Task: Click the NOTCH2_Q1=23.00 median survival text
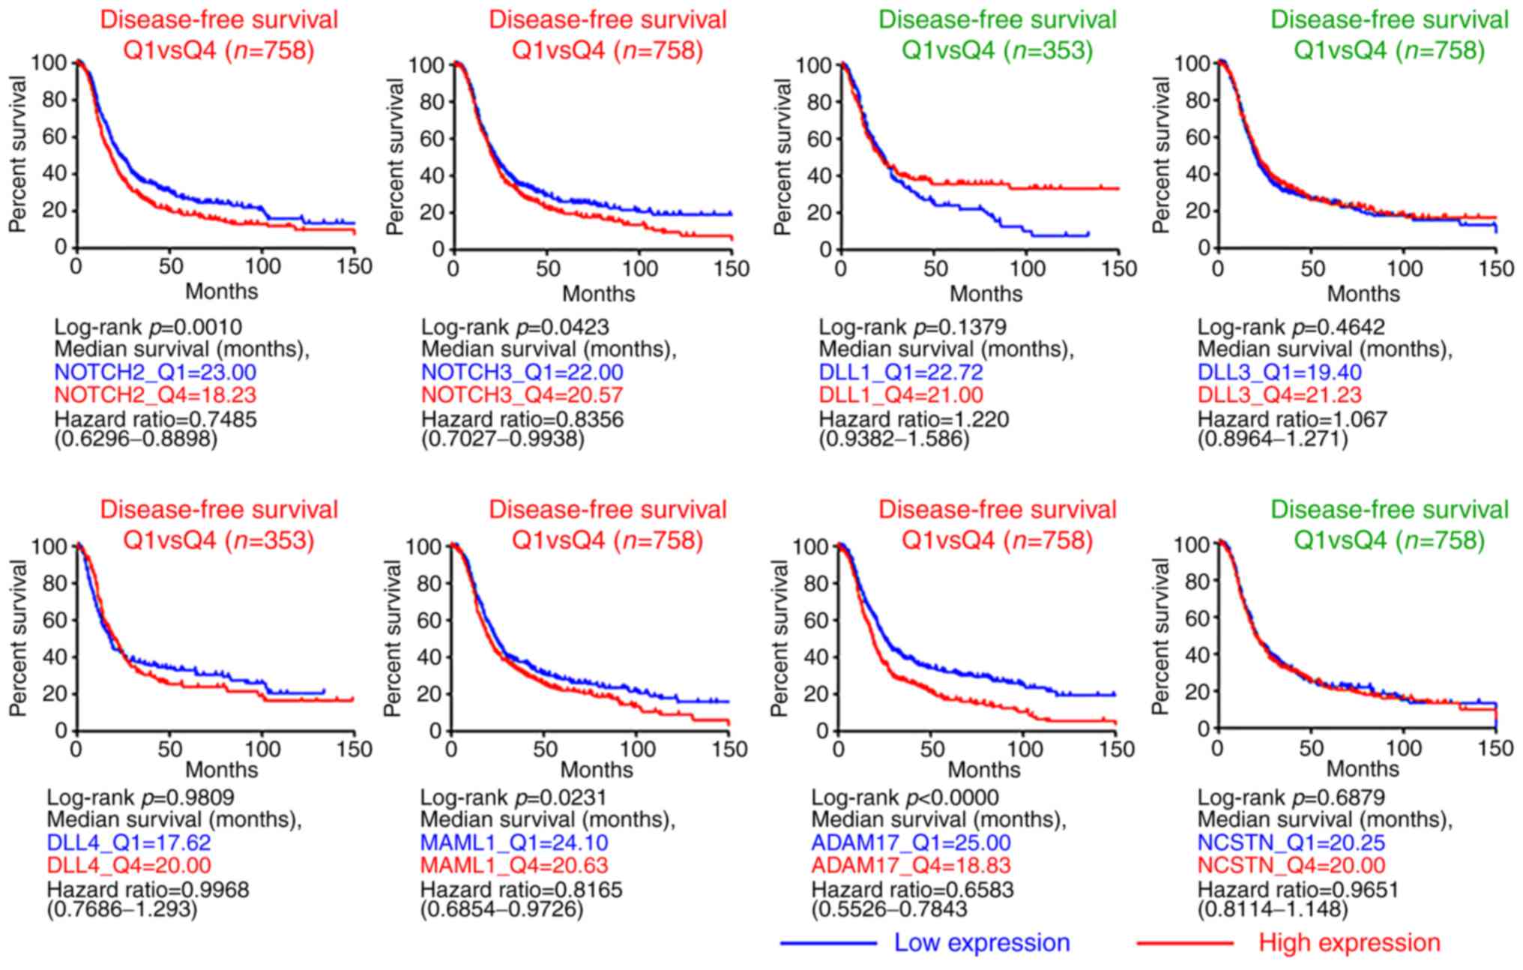155,372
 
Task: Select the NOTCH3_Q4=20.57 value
522,395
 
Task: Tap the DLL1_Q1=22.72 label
901,372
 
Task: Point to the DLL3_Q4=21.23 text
1279,395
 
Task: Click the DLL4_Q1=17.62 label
129,843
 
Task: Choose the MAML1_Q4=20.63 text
513,866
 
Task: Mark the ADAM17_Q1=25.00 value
911,843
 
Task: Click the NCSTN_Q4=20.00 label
1291,866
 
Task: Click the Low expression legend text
982,942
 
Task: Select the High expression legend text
1349,942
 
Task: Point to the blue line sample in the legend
827,943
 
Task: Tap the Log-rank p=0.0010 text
148,327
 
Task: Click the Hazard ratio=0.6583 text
912,890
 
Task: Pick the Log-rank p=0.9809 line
141,797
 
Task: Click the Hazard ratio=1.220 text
914,418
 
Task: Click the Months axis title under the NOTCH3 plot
598,293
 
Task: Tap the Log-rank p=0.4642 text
1291,327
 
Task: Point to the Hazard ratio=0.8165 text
521,890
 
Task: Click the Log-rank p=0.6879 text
1291,797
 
